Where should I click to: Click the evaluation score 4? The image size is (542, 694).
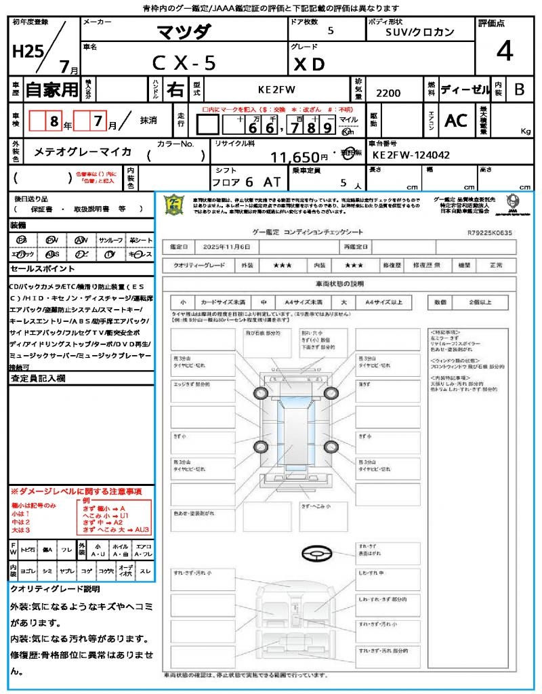click(x=503, y=52)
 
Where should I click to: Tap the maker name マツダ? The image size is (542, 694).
click(x=184, y=31)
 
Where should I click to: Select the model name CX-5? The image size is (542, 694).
click(x=184, y=63)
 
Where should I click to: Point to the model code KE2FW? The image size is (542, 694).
click(x=277, y=89)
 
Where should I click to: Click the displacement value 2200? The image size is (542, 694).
click(x=388, y=94)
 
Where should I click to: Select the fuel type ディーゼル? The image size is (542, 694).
click(x=465, y=89)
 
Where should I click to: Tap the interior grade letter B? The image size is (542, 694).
click(x=519, y=89)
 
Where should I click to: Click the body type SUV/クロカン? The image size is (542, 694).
click(x=420, y=32)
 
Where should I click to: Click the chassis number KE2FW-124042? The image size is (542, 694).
click(x=411, y=155)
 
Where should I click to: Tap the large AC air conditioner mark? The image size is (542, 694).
click(x=455, y=121)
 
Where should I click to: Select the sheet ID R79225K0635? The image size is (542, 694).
click(x=490, y=232)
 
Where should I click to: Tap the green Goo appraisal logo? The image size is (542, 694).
click(x=175, y=204)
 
